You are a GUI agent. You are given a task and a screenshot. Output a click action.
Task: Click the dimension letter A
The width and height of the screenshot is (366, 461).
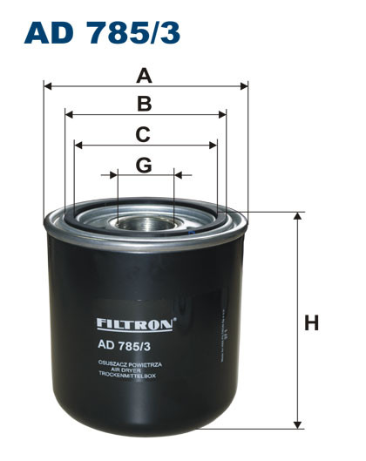(x=145, y=76)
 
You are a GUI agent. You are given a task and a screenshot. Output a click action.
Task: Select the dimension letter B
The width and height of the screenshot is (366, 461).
(x=145, y=105)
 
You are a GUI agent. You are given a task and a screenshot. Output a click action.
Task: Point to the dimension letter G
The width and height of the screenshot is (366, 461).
(x=144, y=165)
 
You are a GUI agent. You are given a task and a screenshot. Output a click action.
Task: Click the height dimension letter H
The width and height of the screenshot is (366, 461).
(x=311, y=323)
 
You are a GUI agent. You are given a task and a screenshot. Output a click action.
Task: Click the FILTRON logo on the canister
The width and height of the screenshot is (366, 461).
(x=136, y=323)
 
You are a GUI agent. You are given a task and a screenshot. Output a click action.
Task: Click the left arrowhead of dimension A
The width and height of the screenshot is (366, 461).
(x=48, y=86)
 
